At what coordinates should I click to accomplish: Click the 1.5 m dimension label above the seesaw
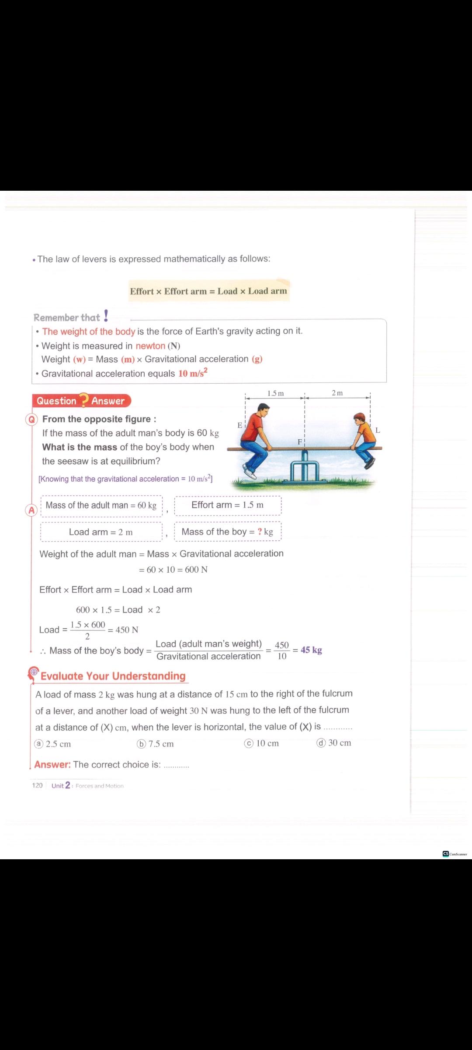coord(275,393)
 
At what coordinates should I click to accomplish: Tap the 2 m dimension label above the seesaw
coord(337,393)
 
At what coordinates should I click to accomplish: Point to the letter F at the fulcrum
coord(300,442)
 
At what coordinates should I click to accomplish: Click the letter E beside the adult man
coord(239,425)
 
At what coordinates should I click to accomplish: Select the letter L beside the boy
coord(378,430)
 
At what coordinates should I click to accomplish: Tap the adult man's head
coord(263,410)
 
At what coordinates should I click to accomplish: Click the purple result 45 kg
coord(311,650)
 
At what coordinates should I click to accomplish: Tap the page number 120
coord(37,785)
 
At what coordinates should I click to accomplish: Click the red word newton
coord(150,346)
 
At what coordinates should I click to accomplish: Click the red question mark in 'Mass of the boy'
coord(260,532)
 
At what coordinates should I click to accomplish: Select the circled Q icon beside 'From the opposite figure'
coord(32,420)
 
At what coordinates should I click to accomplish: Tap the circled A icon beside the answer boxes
coord(31,510)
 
